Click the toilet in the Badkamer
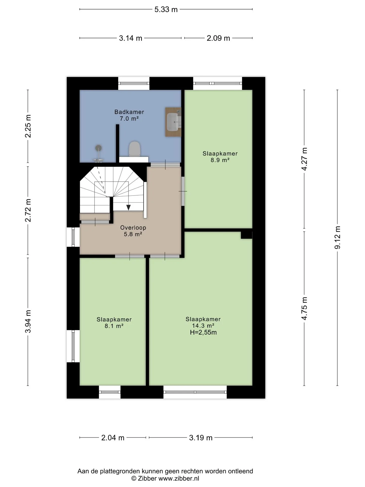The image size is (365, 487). (x=135, y=149)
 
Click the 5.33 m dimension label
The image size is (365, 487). (x=166, y=9)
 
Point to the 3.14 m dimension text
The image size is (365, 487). (x=131, y=38)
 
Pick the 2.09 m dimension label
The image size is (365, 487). (x=218, y=38)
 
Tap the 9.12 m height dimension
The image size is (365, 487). (x=337, y=237)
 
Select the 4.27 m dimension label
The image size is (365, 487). (x=304, y=159)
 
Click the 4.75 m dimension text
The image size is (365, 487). (x=304, y=308)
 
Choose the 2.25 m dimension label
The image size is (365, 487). (x=28, y=126)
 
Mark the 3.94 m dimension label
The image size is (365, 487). (x=28, y=321)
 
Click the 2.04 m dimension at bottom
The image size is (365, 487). (x=113, y=438)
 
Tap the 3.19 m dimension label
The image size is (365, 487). (x=201, y=438)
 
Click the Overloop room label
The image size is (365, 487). (x=133, y=228)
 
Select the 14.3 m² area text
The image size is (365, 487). (x=203, y=326)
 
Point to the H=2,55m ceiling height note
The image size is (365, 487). (x=203, y=332)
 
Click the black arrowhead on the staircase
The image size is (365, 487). (x=129, y=207)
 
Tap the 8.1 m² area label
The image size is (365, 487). (x=114, y=326)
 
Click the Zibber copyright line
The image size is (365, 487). (x=165, y=478)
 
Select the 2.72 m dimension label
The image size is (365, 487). (x=28, y=210)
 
